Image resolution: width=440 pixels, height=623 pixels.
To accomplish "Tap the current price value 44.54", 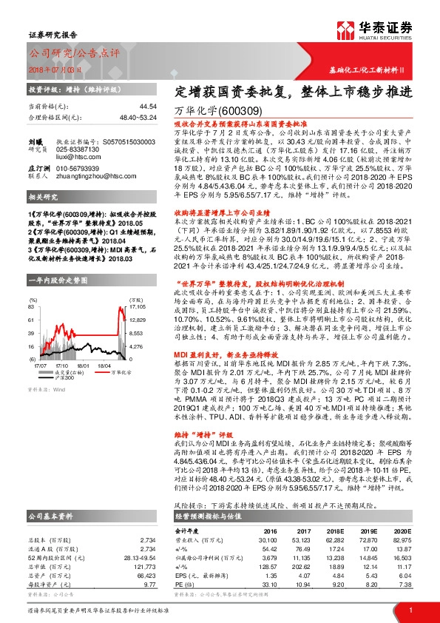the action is (x=148, y=107).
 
